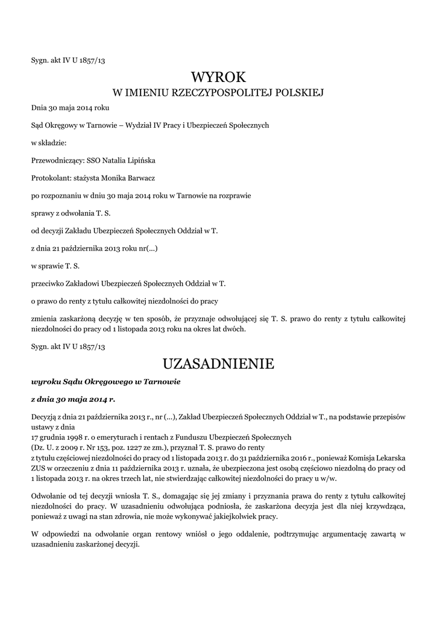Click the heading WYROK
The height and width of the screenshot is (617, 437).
point(218,77)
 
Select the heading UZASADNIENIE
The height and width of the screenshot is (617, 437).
point(218,364)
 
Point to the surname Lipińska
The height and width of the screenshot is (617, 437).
point(138,160)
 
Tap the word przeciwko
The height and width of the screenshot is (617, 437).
point(48,283)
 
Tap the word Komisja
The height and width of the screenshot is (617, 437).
point(356,458)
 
